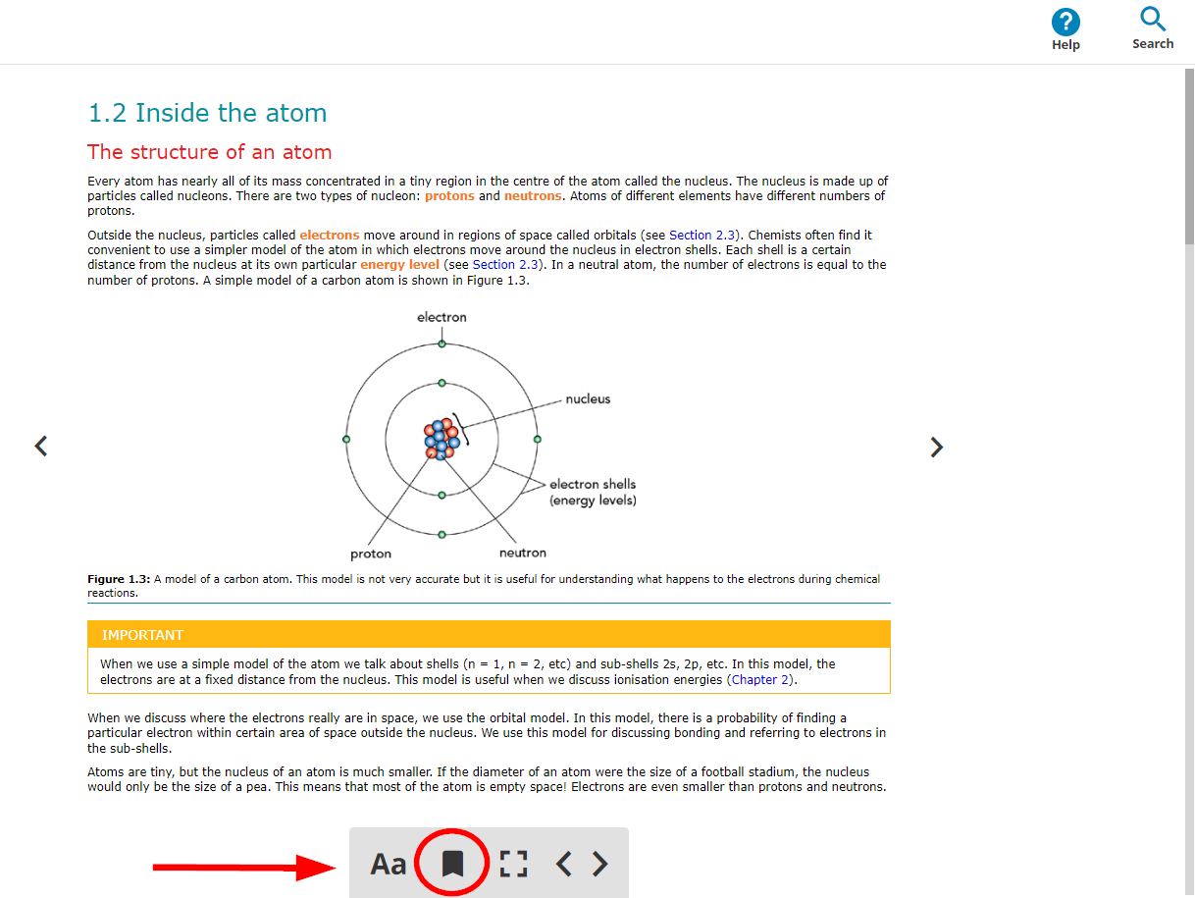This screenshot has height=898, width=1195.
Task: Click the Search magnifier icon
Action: tap(1153, 20)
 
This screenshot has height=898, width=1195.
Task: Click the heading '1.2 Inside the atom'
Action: tap(207, 113)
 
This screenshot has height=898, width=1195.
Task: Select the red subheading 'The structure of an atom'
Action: tap(209, 152)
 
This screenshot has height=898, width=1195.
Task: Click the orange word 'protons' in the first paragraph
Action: tap(449, 196)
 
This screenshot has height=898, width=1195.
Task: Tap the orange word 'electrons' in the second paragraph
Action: tap(330, 236)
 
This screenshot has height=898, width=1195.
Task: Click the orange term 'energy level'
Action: tap(399, 265)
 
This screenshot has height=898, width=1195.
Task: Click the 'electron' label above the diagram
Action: tap(442, 317)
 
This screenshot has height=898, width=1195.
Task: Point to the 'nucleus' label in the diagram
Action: tap(588, 398)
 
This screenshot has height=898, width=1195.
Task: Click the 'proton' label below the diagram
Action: tap(371, 554)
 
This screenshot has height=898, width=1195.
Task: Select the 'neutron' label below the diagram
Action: tap(523, 553)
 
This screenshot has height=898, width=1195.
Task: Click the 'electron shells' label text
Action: tap(593, 484)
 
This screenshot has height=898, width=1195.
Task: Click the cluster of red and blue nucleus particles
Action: tap(442, 439)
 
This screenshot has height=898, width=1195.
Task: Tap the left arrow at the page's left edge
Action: tap(40, 446)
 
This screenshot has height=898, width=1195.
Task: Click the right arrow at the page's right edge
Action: tap(937, 448)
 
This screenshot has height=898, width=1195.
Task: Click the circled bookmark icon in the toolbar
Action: tap(451, 863)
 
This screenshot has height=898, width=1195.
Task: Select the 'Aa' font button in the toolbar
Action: tap(388, 864)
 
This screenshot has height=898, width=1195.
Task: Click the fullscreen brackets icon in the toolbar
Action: tap(513, 864)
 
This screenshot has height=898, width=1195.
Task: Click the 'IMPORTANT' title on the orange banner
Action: tap(142, 635)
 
